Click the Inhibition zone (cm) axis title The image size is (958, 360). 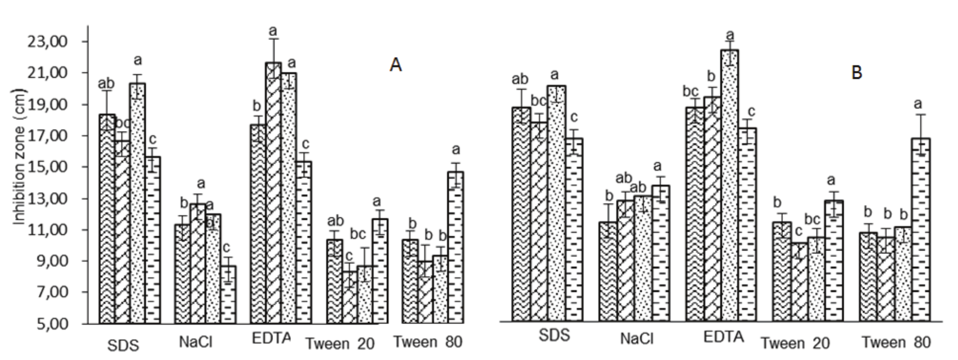pos(20,157)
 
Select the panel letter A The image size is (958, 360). pos(395,64)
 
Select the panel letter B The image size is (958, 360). pos(856,72)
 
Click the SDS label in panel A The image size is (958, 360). pos(123,345)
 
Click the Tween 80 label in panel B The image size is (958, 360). pos(896,342)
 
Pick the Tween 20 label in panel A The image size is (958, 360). pos(340,344)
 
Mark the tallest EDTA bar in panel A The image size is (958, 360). pos(274,192)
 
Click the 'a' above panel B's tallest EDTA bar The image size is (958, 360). pos(730,35)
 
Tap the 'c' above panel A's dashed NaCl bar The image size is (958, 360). pos(226,248)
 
